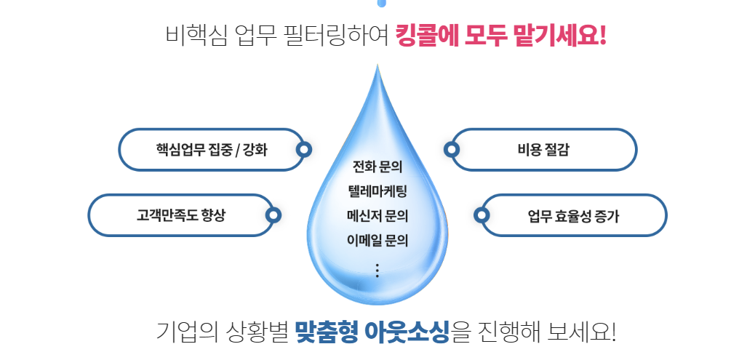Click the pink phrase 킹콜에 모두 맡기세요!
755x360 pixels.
(501, 34)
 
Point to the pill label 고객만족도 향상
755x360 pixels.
(181, 215)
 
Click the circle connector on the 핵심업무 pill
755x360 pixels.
(305, 150)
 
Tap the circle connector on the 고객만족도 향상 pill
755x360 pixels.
(273, 215)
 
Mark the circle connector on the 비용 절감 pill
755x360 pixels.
(452, 150)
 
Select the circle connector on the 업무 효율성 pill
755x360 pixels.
(482, 215)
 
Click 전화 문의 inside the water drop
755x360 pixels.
(377, 169)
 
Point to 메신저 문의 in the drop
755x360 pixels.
(377, 216)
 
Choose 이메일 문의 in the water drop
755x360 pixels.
(377, 240)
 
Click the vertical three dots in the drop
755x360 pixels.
(377, 270)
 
